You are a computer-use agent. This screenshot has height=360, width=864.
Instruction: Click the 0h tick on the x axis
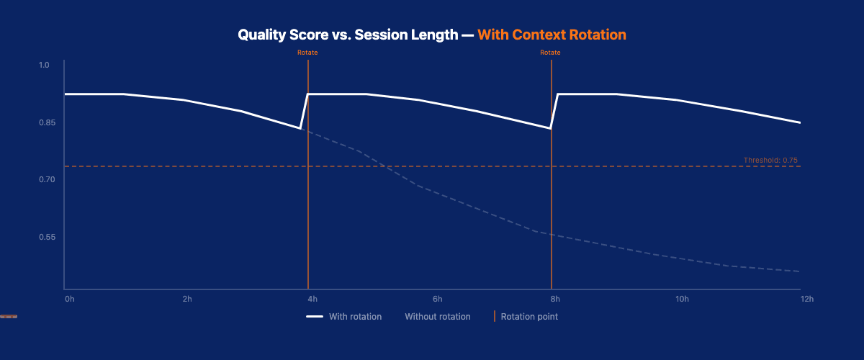tap(69, 299)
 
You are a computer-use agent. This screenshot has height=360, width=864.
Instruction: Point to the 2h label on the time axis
tap(187, 299)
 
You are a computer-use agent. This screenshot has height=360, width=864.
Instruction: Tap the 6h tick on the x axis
tap(437, 299)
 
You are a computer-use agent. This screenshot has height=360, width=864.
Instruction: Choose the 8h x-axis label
tap(554, 299)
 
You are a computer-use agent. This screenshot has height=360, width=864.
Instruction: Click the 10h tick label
tap(682, 299)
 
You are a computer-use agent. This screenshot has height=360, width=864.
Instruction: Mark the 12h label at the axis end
tap(806, 299)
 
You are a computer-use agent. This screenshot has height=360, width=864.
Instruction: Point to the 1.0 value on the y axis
tap(44, 66)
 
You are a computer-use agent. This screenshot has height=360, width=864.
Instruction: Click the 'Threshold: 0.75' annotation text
tap(770, 160)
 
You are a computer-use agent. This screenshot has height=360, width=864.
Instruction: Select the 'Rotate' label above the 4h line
tap(307, 53)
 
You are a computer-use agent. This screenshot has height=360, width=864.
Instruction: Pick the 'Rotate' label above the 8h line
tap(550, 53)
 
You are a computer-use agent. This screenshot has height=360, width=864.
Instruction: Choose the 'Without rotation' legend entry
tap(437, 316)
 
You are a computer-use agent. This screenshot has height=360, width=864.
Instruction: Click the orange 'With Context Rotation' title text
tap(552, 35)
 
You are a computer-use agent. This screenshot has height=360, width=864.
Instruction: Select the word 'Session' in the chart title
tap(379, 35)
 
